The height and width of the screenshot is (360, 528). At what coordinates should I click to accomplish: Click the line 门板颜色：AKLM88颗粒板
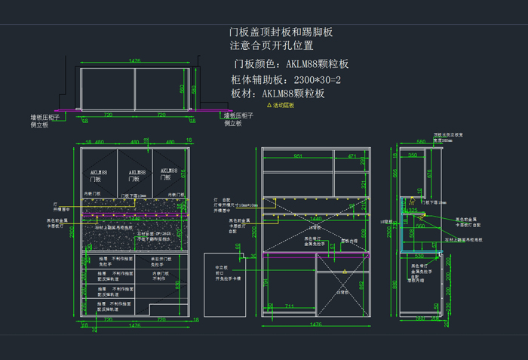click(292, 64)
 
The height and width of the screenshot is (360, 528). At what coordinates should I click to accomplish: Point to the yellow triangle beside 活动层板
click(269, 106)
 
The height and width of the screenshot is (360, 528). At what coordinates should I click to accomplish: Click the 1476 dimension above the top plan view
click(135, 60)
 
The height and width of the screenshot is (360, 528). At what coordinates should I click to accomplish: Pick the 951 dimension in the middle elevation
click(297, 156)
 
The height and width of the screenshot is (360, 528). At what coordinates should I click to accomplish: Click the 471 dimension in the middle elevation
click(351, 156)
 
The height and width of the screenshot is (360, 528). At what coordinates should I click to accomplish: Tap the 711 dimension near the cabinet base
click(290, 306)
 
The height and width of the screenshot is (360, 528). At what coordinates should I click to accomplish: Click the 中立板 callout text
click(222, 267)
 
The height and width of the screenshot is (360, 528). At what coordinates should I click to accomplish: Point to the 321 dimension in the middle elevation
click(363, 183)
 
